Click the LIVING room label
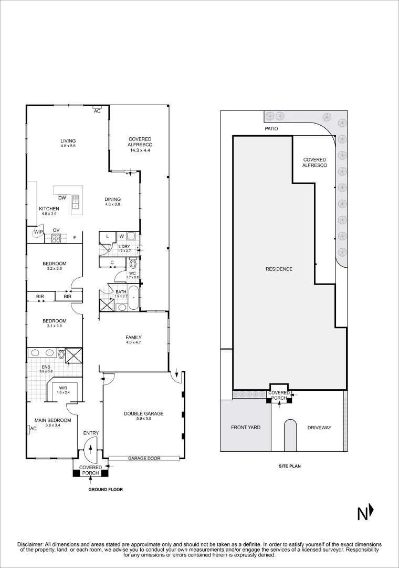pos(68,141)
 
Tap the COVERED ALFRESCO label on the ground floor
pos(140,143)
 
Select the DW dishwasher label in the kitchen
pos(62,198)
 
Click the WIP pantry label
pos(38,232)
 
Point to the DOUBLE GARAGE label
pos(143,414)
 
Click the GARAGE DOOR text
pos(144,459)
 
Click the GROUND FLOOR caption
pos(106,489)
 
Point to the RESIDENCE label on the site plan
pos(279,269)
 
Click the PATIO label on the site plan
pos(271,128)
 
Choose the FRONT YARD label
pos(246,428)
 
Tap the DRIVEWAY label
pos(319,428)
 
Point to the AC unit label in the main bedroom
pos(33,429)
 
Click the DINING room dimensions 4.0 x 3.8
pos(112,205)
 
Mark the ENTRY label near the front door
pos(91,433)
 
